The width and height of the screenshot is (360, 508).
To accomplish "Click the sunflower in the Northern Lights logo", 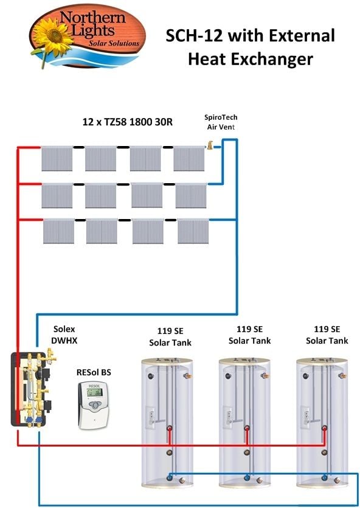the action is click(52, 36).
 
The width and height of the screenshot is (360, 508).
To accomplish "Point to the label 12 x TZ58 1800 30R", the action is click(128, 122).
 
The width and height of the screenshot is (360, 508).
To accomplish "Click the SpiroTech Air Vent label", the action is click(221, 122).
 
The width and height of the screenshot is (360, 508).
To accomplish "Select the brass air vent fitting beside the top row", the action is click(210, 145).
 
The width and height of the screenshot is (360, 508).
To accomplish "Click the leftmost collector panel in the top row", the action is click(57, 158).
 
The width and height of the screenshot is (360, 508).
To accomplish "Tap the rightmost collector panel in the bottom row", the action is click(193, 231).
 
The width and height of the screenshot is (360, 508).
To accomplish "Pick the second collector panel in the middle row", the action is click(101, 196).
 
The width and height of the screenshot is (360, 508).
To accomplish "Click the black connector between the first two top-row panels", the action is click(78, 147).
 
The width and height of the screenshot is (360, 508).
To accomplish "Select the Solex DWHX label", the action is click(65, 335).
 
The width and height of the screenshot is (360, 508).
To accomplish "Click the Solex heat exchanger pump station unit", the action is click(32, 388).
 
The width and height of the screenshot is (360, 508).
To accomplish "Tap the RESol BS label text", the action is click(94, 372).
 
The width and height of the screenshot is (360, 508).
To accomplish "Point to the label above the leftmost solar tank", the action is click(170, 336).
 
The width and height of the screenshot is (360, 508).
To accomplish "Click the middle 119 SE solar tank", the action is click(244, 422).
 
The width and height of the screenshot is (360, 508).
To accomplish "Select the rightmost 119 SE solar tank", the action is click(322, 422).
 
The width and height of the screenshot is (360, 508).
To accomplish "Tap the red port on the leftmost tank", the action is click(170, 428).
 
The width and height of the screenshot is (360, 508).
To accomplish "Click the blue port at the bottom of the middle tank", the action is click(247, 478).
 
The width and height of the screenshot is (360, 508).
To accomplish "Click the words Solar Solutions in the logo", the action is click(114, 43).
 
